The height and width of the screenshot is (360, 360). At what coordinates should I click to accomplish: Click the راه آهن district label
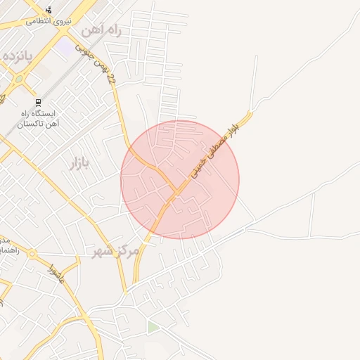pos(101,30)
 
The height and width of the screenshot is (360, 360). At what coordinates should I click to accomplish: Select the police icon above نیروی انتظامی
pos(49,10)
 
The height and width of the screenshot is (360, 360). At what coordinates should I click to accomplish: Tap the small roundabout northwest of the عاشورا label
pos(32,256)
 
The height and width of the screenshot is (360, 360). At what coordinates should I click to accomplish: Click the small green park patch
pos(153,328)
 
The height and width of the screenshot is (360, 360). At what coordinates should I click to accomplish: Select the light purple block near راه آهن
pos(65,47)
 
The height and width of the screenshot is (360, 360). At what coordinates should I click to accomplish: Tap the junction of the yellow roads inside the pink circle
pos(174,189)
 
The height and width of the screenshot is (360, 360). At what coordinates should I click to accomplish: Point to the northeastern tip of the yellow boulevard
pos(250,112)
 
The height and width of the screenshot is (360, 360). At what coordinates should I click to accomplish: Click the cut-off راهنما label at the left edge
pos(6,250)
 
